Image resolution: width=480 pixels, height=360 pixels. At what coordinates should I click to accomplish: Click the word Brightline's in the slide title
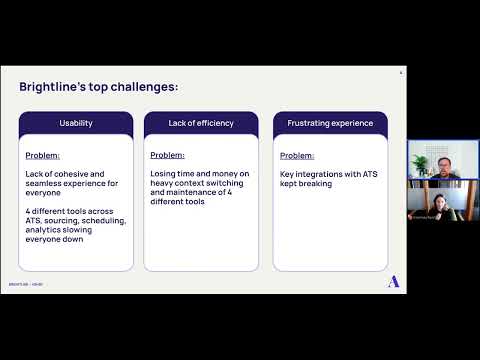(50, 87)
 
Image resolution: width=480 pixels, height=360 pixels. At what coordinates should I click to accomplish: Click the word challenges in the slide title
(146, 87)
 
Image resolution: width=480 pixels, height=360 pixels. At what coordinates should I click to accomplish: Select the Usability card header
(76, 123)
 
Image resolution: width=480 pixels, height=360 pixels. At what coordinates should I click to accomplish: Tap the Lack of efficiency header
(201, 123)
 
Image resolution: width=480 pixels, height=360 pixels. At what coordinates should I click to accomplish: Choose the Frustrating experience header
(330, 123)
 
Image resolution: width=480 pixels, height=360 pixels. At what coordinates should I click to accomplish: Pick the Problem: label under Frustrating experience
(297, 156)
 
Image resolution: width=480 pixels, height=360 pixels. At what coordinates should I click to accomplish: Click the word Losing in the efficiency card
(165, 175)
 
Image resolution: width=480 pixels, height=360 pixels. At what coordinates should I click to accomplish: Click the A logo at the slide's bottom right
(393, 282)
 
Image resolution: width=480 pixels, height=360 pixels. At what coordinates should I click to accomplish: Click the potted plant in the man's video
(419, 165)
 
